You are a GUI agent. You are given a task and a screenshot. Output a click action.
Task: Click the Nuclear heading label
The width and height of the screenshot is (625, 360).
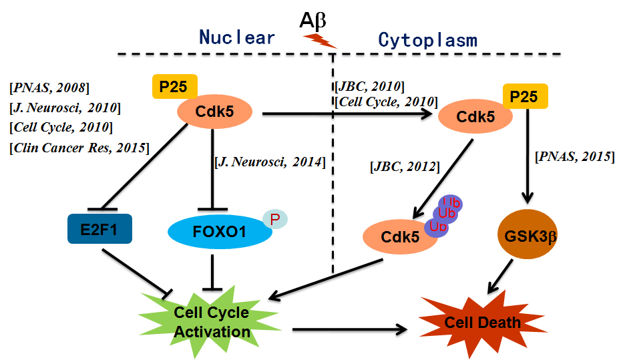pos(237,37)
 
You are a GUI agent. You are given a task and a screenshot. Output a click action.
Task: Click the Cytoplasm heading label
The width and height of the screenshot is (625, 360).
pos(427,40)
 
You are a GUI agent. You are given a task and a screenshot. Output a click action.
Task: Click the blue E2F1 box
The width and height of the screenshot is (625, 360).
pos(100,228)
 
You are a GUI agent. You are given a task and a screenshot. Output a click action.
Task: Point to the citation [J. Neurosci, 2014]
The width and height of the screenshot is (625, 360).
pos(270,162)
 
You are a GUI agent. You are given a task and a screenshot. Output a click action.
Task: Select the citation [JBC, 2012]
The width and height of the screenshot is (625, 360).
pos(404,165)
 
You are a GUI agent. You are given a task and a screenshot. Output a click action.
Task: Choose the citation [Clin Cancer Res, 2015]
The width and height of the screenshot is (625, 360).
pos(79,146)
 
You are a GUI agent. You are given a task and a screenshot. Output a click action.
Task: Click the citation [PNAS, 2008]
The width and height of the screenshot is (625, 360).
pos(49,87)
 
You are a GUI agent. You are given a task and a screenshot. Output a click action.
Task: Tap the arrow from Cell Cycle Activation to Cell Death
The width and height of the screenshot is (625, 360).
pos(349,329)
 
